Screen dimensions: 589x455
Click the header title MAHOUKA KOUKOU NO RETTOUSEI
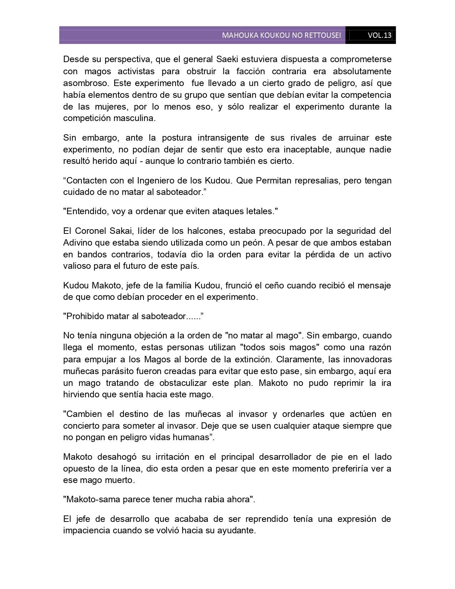click(x=281, y=35)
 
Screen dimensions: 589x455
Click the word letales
click(x=258, y=211)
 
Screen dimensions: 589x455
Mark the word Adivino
click(x=77, y=243)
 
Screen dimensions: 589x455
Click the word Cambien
click(x=85, y=414)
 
